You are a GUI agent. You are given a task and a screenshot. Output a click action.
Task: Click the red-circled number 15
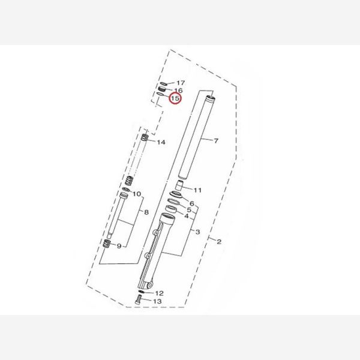click(175, 98)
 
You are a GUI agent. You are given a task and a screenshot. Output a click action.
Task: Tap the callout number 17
click(181, 83)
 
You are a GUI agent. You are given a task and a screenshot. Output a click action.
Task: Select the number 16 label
click(178, 91)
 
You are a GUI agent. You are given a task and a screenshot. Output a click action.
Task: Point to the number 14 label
click(161, 142)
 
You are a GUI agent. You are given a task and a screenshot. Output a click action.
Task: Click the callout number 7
click(216, 140)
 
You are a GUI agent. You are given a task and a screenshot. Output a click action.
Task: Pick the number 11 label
click(197, 190)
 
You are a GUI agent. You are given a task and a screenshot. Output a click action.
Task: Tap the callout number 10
click(137, 194)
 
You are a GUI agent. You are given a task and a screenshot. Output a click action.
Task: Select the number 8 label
click(146, 212)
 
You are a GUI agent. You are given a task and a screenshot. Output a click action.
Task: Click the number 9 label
click(119, 246)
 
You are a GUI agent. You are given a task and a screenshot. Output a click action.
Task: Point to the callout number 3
click(197, 232)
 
